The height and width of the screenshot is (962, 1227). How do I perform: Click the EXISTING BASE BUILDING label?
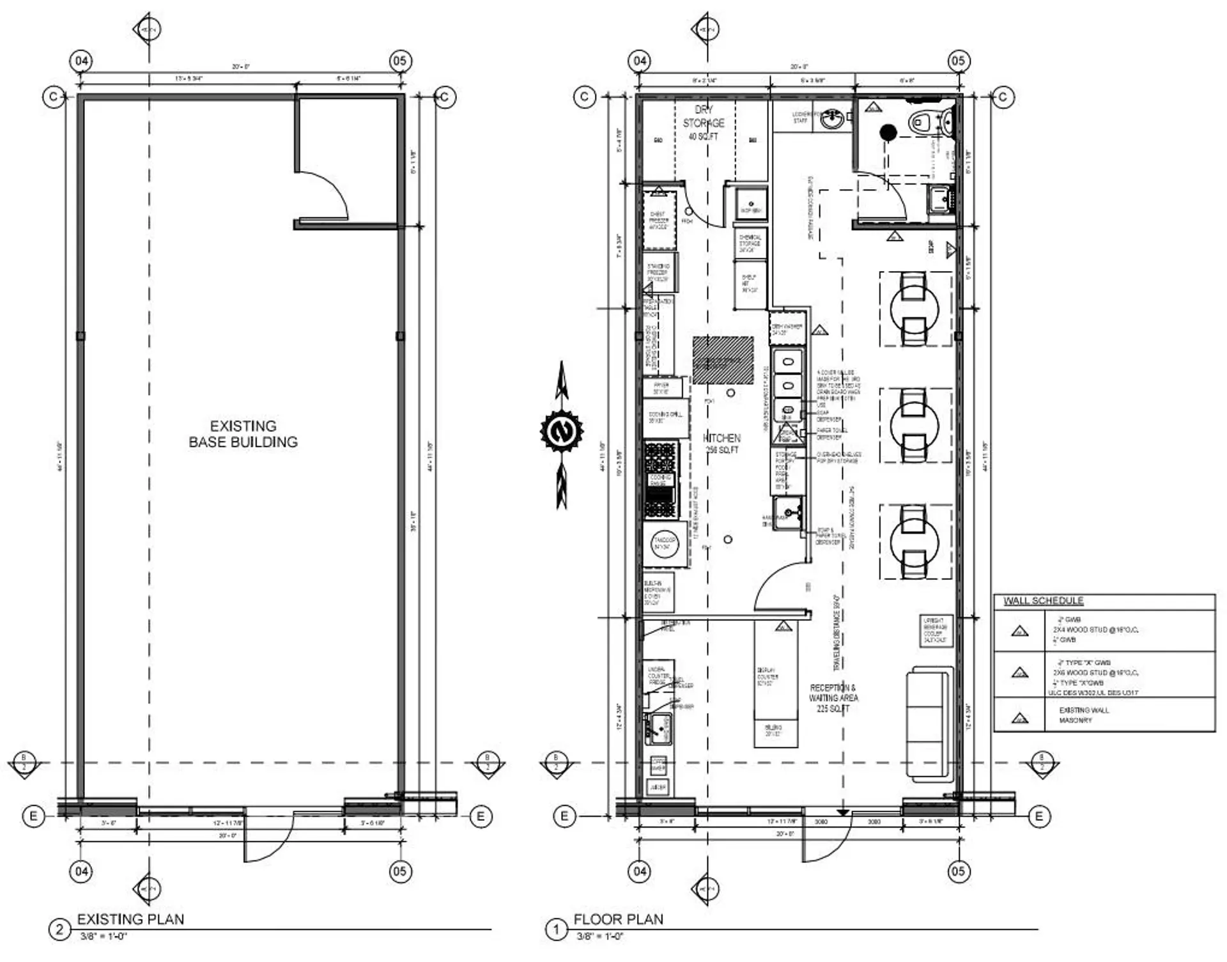point(243,434)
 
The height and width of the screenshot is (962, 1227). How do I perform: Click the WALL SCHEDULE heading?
point(1043,601)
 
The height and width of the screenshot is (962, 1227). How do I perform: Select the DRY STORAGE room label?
point(704,122)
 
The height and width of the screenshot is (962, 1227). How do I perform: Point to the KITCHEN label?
point(722,438)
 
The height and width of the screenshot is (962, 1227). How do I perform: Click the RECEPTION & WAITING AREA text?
point(833,697)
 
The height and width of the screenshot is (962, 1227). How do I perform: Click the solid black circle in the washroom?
point(888,132)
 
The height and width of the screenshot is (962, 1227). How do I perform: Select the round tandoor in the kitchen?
point(665,545)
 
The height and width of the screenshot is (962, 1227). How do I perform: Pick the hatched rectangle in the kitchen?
point(723,361)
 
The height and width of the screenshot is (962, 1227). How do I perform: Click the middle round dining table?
point(914,425)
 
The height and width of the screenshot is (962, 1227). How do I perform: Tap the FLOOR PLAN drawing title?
point(618,919)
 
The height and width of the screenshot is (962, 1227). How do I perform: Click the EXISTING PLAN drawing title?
point(130,919)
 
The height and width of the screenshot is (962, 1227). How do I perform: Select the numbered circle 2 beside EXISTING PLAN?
point(59,929)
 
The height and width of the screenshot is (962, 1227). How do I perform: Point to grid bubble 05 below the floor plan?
point(958,871)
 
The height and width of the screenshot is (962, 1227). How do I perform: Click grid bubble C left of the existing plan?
point(53,97)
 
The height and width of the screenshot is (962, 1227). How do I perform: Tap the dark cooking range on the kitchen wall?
point(660,479)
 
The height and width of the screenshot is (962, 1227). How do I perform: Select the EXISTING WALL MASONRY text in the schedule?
point(1083,715)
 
